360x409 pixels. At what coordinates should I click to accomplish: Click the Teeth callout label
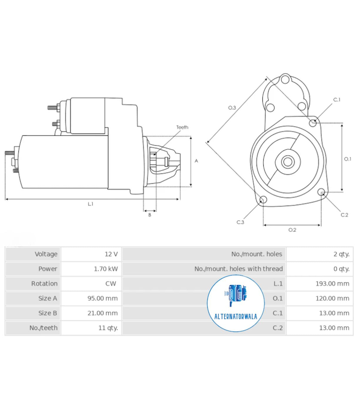click(x=182, y=127)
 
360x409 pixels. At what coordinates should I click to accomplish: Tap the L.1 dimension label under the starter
click(x=91, y=204)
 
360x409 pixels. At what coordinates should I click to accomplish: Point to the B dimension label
click(x=150, y=215)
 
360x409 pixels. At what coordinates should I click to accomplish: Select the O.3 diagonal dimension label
click(x=232, y=108)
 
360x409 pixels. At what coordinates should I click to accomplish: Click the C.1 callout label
click(x=337, y=100)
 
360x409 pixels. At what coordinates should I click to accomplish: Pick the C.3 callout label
click(x=240, y=222)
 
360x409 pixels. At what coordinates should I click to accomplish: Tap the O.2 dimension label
click(x=292, y=230)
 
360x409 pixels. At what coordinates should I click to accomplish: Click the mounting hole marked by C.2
click(x=322, y=192)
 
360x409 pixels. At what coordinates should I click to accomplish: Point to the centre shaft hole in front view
click(x=288, y=162)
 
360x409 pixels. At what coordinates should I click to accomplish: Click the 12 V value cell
click(x=111, y=254)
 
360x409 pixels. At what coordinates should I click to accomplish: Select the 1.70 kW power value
click(x=106, y=269)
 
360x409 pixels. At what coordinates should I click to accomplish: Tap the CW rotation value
click(x=111, y=284)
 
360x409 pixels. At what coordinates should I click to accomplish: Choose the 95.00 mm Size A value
click(x=103, y=298)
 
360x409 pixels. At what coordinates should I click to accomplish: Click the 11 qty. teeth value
click(x=108, y=328)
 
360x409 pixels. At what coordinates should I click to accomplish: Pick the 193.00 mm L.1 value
click(x=332, y=284)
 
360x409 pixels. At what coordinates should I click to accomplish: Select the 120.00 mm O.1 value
click(x=332, y=298)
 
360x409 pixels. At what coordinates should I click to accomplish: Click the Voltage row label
click(x=46, y=254)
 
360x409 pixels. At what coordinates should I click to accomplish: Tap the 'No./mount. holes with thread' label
click(x=238, y=269)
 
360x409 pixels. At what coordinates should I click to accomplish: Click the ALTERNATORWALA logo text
click(x=236, y=317)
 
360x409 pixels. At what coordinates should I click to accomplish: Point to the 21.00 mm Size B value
click(x=103, y=313)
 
